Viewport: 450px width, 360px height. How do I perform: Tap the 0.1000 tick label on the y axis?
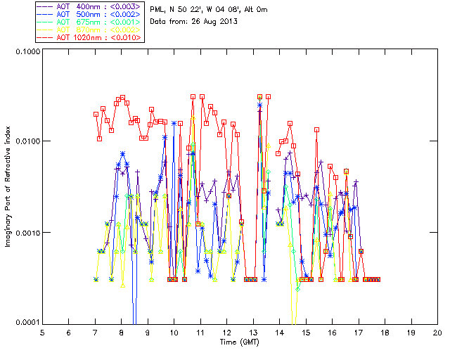(25, 51)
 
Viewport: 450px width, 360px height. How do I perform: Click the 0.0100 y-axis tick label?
(25, 141)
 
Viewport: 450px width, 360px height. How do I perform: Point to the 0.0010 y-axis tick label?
(25, 232)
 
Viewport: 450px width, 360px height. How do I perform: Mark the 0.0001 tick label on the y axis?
(25, 322)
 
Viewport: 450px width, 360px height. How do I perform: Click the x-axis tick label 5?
(42, 332)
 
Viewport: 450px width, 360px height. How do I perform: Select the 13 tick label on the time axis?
(253, 332)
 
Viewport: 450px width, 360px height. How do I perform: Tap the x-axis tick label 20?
(437, 332)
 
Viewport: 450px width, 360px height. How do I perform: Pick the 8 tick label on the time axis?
(122, 332)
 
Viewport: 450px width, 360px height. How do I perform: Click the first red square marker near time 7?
(96, 114)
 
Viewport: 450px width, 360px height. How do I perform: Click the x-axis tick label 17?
(359, 332)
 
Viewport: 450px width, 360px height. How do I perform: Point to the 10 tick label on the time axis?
(174, 332)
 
